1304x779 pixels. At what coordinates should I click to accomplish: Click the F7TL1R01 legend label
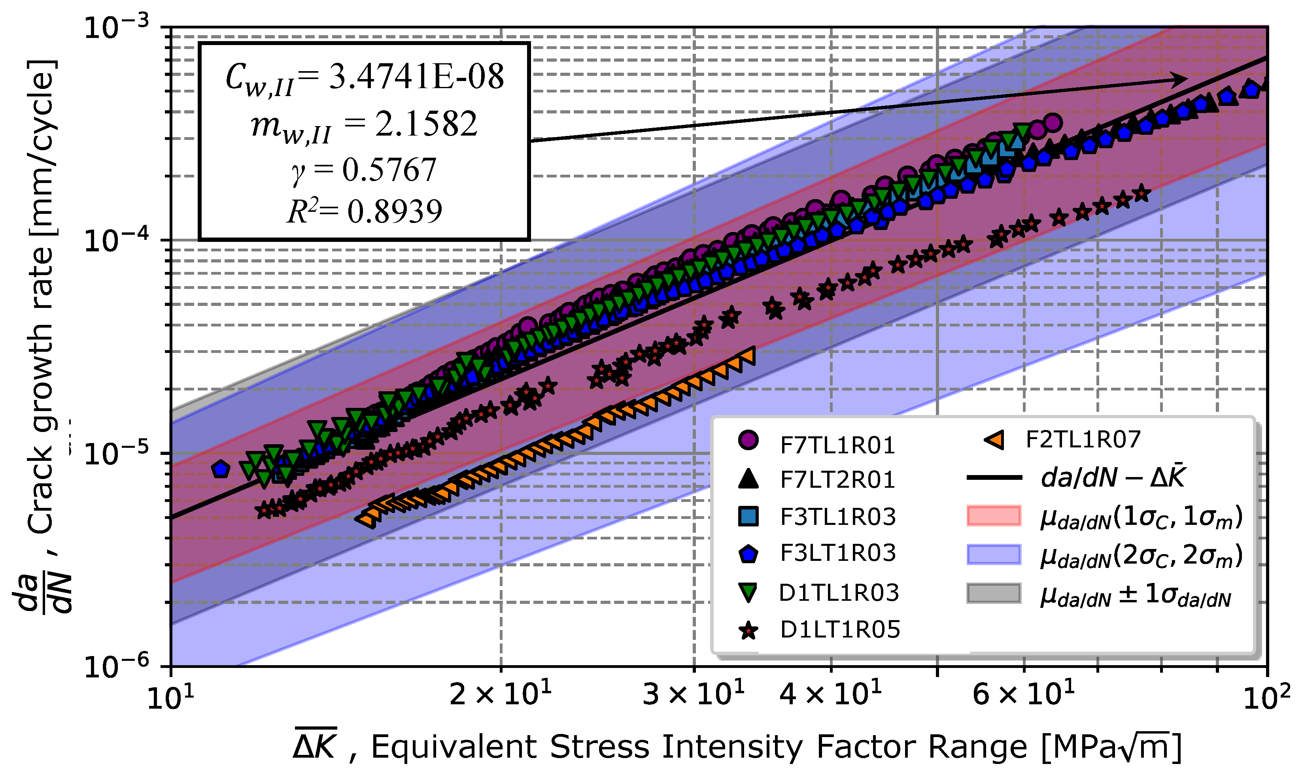pyautogui.click(x=837, y=446)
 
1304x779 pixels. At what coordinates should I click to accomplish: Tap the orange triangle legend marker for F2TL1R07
pyautogui.click(x=994, y=439)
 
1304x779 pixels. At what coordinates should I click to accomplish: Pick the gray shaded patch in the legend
pyautogui.click(x=994, y=593)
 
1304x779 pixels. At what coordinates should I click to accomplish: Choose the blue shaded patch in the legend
pyautogui.click(x=994, y=555)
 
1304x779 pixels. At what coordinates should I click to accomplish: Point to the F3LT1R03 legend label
pyautogui.click(x=838, y=553)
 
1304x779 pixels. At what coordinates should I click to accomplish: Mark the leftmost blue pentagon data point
pyautogui.click(x=221, y=469)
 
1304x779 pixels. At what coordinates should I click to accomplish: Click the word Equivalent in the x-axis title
pyautogui.click(x=455, y=747)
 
